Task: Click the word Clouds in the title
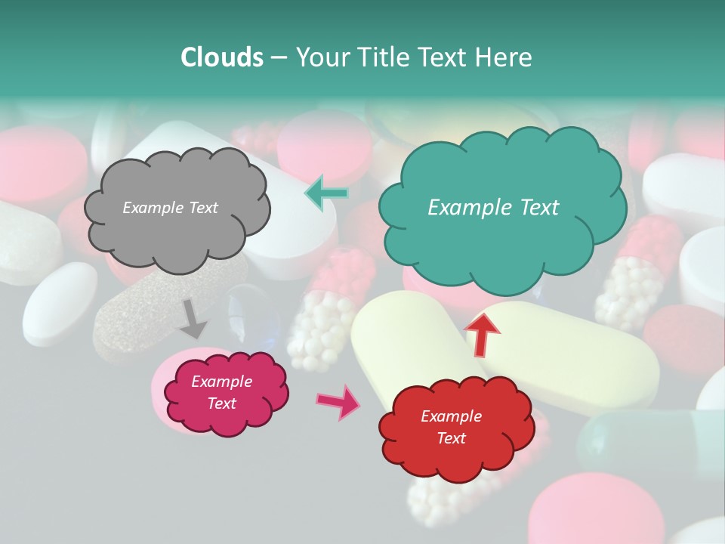(222, 57)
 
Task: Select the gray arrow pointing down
(193, 318)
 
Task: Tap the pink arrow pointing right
(338, 401)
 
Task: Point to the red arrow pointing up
(481, 334)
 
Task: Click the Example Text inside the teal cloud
(493, 208)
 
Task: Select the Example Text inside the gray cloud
(170, 208)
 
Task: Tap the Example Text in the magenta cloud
(221, 392)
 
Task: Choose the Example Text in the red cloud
(451, 427)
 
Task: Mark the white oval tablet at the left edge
(59, 301)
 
